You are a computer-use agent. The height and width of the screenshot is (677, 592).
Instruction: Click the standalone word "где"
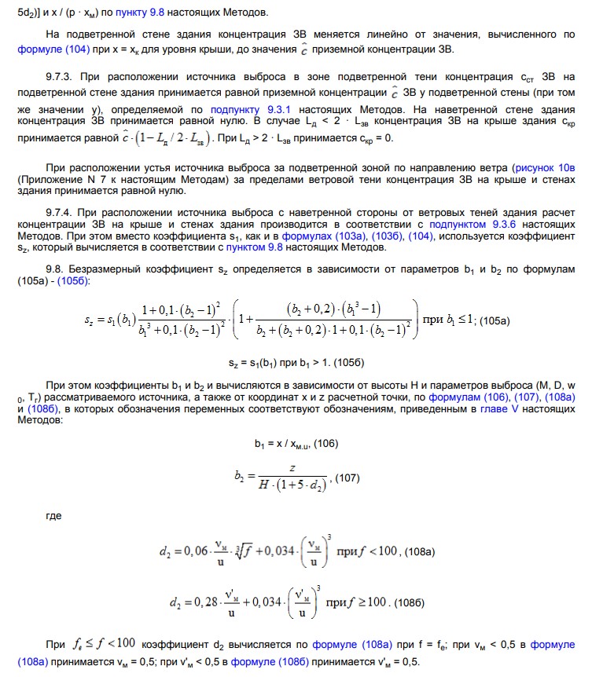(x=55, y=516)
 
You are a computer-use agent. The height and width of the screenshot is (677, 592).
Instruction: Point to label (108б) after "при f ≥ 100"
(x=410, y=602)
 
